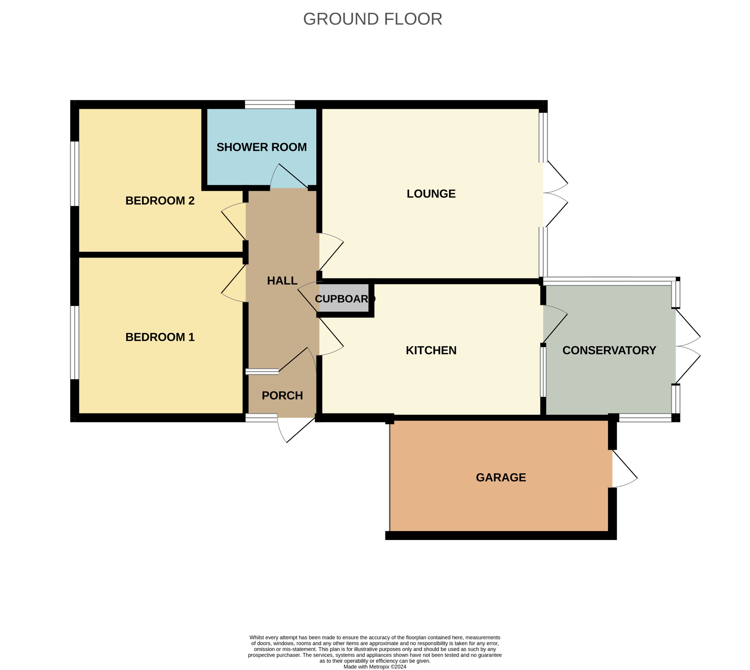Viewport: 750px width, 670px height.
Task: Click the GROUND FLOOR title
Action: (x=372, y=19)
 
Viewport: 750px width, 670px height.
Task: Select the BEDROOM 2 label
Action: (x=160, y=201)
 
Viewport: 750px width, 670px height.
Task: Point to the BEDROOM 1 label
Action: (x=160, y=337)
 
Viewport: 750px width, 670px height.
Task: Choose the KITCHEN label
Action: (x=431, y=350)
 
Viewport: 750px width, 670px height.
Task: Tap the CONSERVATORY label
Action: (x=609, y=350)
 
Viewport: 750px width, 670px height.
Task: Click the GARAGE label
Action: (x=501, y=478)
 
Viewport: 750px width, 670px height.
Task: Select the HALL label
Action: (x=282, y=281)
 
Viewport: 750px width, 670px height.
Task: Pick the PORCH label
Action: (x=282, y=396)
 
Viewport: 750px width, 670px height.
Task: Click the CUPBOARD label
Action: (x=344, y=299)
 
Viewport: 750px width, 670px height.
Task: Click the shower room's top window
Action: (x=270, y=104)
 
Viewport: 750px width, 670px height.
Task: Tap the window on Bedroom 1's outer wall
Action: (x=74, y=342)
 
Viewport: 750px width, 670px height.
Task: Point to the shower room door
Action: (x=289, y=177)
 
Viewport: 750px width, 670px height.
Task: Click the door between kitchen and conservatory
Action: (x=555, y=324)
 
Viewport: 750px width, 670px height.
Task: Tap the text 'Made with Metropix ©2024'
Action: (x=375, y=667)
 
